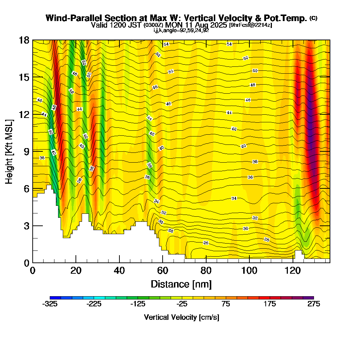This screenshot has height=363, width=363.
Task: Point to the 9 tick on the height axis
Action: tap(33, 151)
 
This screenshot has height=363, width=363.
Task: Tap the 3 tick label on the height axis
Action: tap(26, 226)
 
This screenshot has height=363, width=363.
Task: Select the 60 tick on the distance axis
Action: tap(163, 262)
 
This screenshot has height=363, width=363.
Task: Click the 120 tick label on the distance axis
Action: tap(293, 270)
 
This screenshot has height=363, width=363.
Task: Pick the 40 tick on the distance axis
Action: tap(119, 262)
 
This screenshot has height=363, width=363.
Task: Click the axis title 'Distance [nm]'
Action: tap(181, 284)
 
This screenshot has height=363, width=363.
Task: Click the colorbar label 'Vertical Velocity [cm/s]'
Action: tap(181, 317)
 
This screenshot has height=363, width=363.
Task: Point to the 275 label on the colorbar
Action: tap(314, 304)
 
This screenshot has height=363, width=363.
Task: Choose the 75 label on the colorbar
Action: tap(226, 304)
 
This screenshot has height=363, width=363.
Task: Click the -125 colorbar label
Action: tap(138, 304)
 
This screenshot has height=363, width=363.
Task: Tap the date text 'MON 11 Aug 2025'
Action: tap(199, 25)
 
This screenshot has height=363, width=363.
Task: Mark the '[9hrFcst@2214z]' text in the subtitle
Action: tap(250, 25)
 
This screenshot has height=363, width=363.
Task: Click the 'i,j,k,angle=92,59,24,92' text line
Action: tap(181, 30)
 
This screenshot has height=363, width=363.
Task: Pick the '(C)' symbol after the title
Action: tap(313, 18)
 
